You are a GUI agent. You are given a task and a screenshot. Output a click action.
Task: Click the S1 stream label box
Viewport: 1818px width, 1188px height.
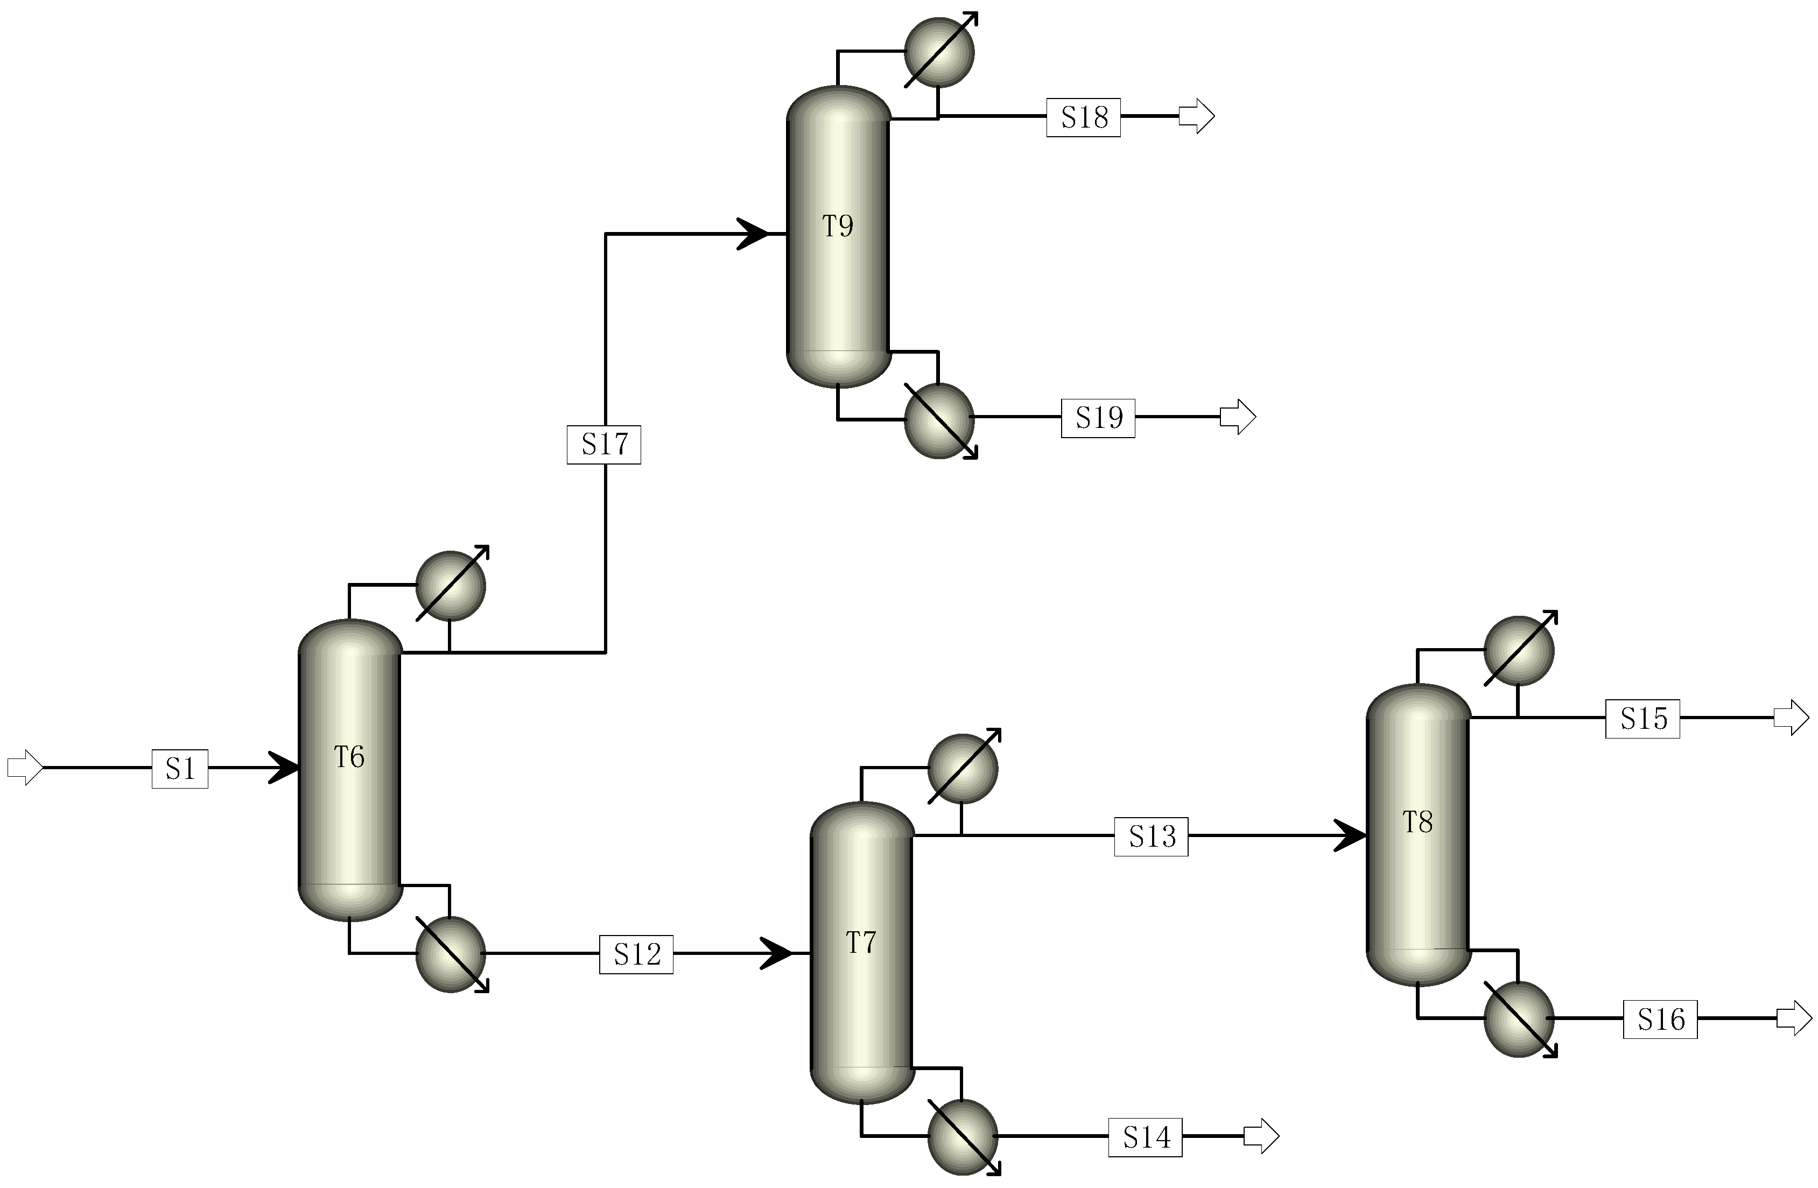(179, 769)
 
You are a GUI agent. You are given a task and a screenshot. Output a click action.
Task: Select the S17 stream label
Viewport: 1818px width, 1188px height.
(603, 445)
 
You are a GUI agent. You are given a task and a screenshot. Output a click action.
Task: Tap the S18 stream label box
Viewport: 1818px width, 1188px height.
(1083, 118)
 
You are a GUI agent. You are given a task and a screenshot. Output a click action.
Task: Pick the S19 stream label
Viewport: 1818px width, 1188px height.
(1098, 418)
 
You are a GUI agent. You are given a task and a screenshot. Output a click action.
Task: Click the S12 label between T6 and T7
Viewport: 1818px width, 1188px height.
(636, 954)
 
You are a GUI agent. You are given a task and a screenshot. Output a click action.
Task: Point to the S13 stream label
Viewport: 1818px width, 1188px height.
(1151, 836)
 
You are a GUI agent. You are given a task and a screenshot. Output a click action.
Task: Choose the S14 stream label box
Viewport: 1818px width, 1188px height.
(1145, 1137)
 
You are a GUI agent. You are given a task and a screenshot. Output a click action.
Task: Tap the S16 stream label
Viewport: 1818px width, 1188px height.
(1660, 1019)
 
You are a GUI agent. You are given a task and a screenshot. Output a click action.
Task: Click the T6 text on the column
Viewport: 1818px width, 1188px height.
(349, 757)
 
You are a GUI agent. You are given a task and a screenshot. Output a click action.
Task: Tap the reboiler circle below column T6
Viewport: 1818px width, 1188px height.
(451, 954)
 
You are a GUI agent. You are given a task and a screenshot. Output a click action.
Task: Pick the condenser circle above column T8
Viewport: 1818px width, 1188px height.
(1519, 651)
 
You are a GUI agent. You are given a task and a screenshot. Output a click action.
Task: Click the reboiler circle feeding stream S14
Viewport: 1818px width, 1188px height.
(963, 1137)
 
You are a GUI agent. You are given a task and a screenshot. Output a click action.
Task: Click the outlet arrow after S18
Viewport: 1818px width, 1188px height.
(1196, 117)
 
